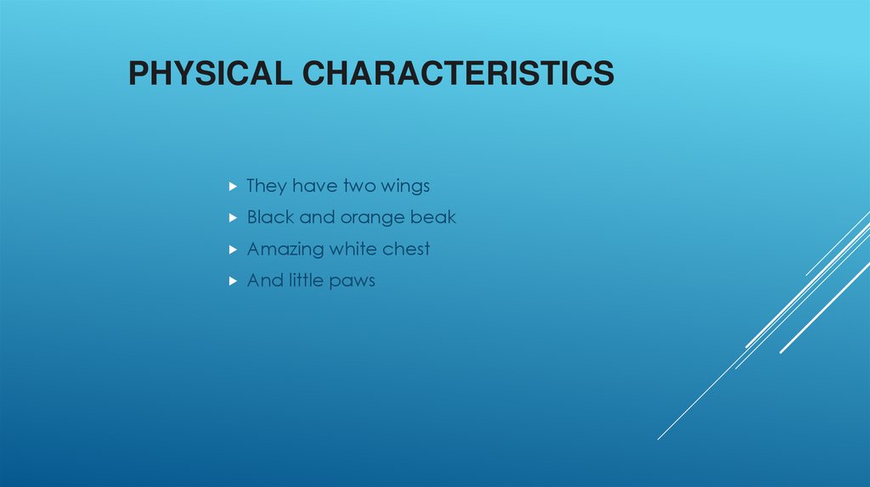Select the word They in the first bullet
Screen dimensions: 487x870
(266, 186)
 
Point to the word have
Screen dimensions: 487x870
(315, 186)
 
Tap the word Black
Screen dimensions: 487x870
(270, 217)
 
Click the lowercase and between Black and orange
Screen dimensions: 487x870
(317, 217)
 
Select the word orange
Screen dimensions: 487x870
(374, 218)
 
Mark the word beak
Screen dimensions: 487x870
(435, 217)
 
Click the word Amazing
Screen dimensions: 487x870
(285, 249)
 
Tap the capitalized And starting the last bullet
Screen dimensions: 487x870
(263, 280)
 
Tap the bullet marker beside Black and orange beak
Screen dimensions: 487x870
(233, 218)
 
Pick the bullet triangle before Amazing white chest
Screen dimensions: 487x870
(233, 249)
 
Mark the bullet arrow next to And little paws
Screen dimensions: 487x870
(233, 281)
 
